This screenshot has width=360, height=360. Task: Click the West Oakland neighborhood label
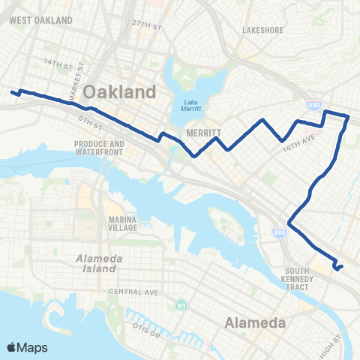(x=42, y=19)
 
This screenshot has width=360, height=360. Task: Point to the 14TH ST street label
(x=57, y=63)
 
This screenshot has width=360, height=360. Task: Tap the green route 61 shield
(x=180, y=306)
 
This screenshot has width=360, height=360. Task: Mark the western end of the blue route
(x=13, y=93)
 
